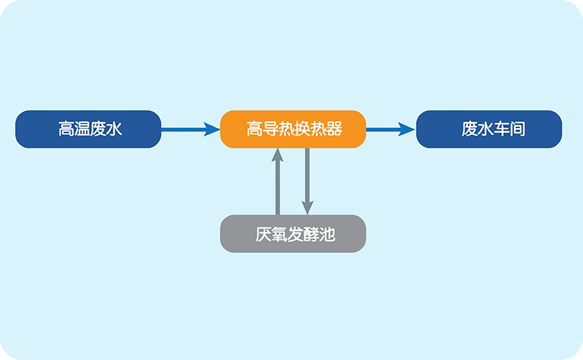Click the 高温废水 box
click(88, 129)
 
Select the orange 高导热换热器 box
click(293, 129)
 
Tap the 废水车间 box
click(489, 129)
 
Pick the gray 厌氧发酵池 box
click(293, 233)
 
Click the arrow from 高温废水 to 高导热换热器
click(191, 130)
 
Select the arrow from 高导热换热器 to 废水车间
click(391, 130)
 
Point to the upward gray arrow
click(277, 181)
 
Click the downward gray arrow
click(307, 181)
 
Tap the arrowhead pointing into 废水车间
click(406, 130)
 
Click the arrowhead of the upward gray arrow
click(277, 155)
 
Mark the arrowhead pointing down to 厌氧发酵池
click(307, 208)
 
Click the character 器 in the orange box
click(334, 129)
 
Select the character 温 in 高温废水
click(82, 129)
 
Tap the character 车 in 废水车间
click(502, 129)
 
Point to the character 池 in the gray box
click(327, 234)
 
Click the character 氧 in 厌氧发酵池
click(280, 234)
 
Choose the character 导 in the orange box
click(271, 129)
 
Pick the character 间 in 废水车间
click(517, 129)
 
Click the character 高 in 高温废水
click(66, 129)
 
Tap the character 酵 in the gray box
click(312, 234)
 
